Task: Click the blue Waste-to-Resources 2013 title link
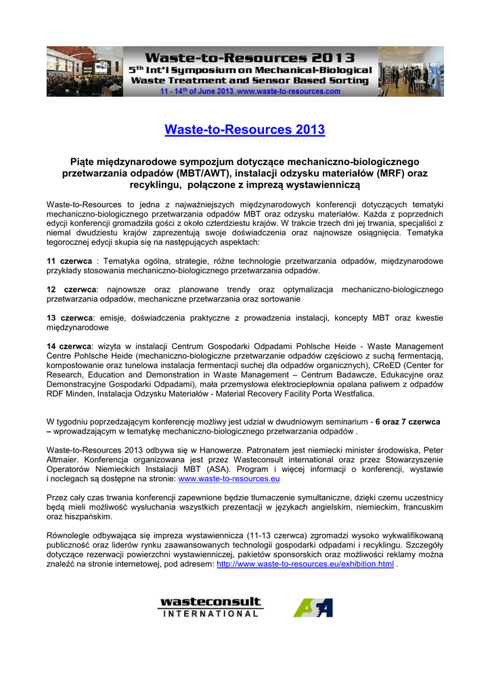pos(244,129)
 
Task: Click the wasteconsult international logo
pos(210,607)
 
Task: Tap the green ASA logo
pos(313,607)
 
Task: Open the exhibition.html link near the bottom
pos(305,564)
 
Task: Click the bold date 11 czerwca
pos(69,261)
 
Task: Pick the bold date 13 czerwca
pos(69,317)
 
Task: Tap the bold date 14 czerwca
pos(69,346)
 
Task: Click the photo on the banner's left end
pos(85,71)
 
